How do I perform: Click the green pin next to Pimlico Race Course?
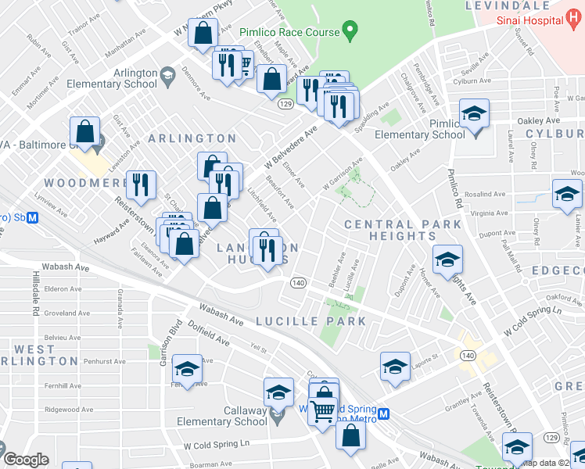pos(350,32)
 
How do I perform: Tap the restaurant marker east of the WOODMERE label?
pos(141,184)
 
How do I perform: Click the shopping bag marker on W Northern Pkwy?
pos(203,34)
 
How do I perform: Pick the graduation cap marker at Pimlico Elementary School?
pos(474,114)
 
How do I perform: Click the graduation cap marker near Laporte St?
pos(396,367)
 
